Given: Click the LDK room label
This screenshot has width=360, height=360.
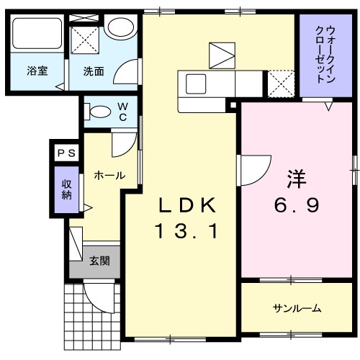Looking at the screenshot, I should click(x=187, y=205).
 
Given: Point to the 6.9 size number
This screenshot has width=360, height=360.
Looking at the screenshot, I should click(x=295, y=206).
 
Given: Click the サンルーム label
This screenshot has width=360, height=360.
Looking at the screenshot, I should click(x=296, y=309).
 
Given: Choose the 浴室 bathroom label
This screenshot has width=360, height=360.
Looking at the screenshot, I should click(x=37, y=71).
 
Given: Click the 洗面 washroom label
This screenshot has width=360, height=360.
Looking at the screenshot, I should click(x=94, y=71).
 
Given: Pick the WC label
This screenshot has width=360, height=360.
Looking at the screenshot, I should click(x=122, y=111).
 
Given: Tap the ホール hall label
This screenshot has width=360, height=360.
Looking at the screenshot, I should click(x=109, y=175).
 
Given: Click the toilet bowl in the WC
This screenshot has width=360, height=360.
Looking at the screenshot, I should click(x=98, y=112).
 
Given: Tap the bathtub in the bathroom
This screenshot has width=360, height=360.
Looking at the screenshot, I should click(x=37, y=33).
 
